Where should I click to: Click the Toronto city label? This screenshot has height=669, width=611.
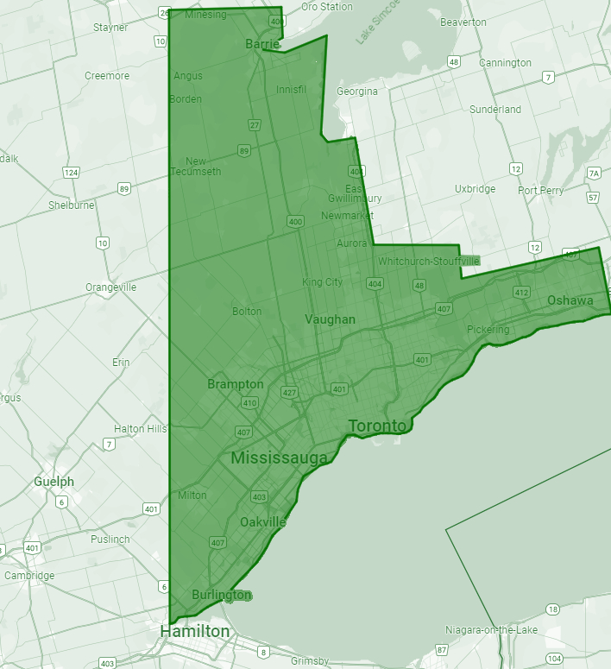coord(376,426)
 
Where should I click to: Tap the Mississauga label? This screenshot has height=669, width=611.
coord(279,458)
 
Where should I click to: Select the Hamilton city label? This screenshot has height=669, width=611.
coord(195,632)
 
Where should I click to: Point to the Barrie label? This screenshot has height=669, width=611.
coord(262,43)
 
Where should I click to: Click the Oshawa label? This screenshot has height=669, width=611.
coord(570,300)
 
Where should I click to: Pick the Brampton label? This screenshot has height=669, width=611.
coord(236,384)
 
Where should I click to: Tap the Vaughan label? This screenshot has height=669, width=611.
coord(330,319)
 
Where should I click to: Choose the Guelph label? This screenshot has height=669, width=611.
coord(54,482)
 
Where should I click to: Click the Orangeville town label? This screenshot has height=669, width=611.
coord(110,287)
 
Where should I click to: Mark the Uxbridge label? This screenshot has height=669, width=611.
coord(475,189)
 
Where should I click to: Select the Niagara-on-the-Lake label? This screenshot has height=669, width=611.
coord(491,630)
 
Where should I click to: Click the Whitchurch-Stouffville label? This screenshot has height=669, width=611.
coord(428,261)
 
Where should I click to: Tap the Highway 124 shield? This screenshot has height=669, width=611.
coord(71,173)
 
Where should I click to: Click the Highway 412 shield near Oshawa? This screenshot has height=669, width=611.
coord(521,293)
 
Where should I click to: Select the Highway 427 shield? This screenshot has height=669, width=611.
coord(290,393)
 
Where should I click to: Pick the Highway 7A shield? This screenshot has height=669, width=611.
coord(593,174)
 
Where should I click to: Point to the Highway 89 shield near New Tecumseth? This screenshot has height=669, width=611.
coord(244,151)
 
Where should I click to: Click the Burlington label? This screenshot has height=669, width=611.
coord(221,596)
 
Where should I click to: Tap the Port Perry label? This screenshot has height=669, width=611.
coord(540,190)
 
